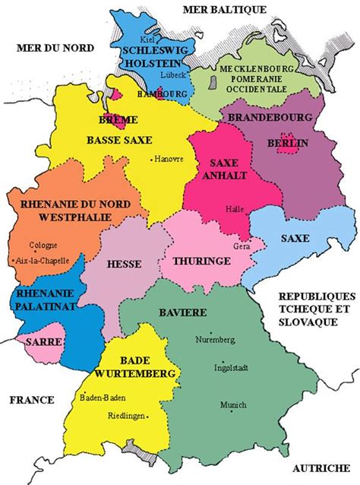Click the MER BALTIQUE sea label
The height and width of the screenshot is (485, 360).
(225, 9)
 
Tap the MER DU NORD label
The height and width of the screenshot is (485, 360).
(55, 48)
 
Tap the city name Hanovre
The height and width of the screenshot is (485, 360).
(170, 160)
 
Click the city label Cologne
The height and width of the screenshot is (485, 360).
(43, 246)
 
